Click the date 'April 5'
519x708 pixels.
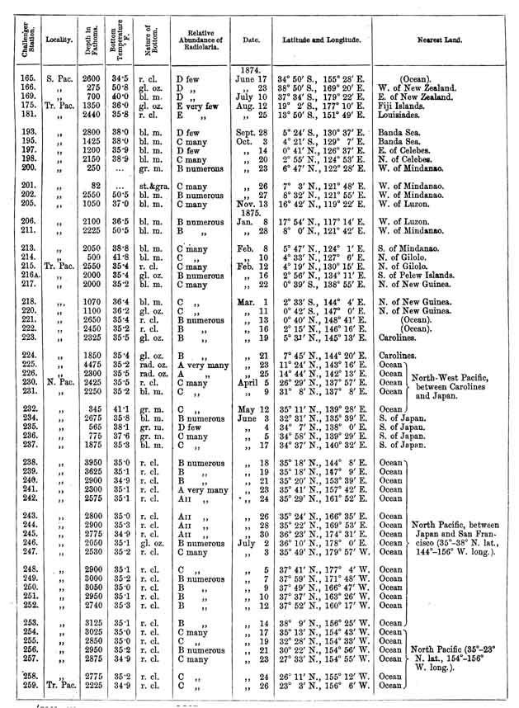[251, 384]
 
